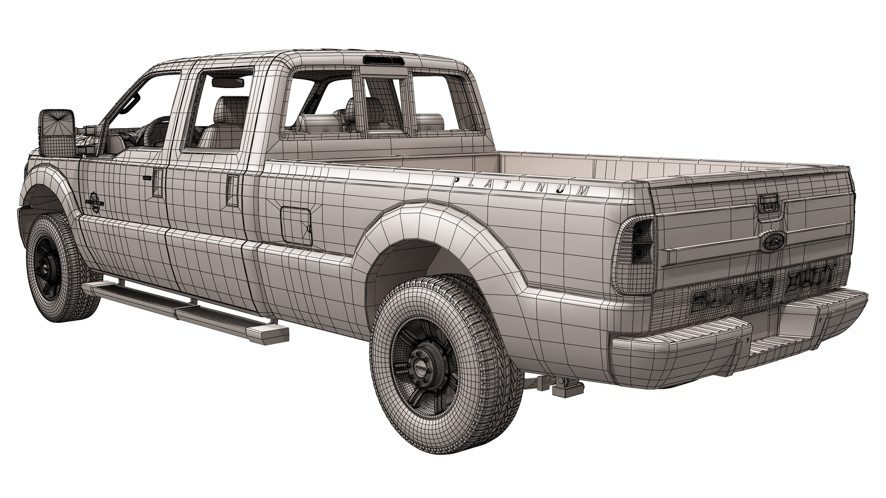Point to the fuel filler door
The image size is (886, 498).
(295, 226)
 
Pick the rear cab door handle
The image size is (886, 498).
(233, 189)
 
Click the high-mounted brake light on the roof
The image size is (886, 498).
(383, 60)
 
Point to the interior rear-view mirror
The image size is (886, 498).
(227, 83)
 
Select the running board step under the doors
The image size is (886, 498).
(185, 309)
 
